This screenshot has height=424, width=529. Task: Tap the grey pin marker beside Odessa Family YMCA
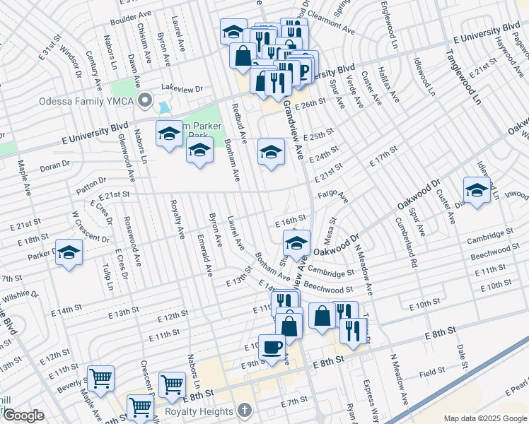(145, 101)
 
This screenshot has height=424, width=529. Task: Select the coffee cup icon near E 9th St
(272, 347)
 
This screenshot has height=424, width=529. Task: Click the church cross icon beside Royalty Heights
(245, 411)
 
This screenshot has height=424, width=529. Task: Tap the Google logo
(23, 416)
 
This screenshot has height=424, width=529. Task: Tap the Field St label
(431, 370)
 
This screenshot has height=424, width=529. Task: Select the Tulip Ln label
(109, 279)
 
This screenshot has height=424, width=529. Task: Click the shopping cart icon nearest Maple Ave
(101, 378)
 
